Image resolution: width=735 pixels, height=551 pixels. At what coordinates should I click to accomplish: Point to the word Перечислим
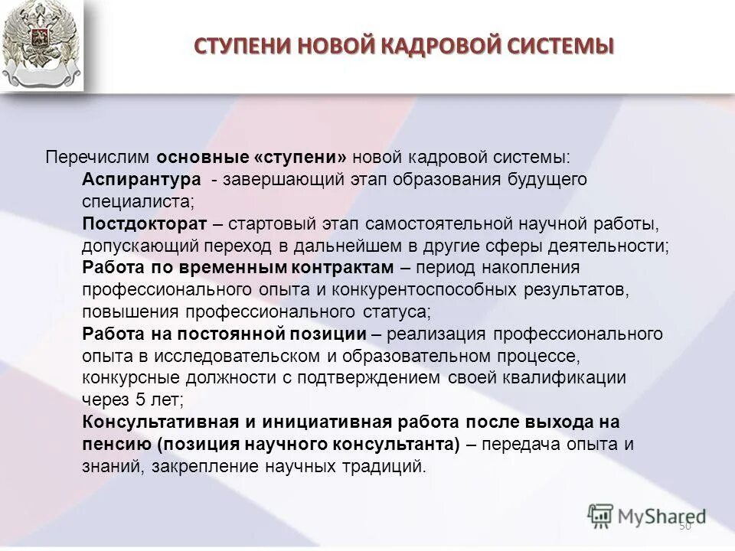(100, 157)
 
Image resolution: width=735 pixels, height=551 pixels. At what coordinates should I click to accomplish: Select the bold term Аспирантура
(142, 179)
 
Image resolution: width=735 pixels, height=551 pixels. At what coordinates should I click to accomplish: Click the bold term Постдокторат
(145, 223)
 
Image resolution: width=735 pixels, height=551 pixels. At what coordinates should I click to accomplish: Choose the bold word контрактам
(341, 268)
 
